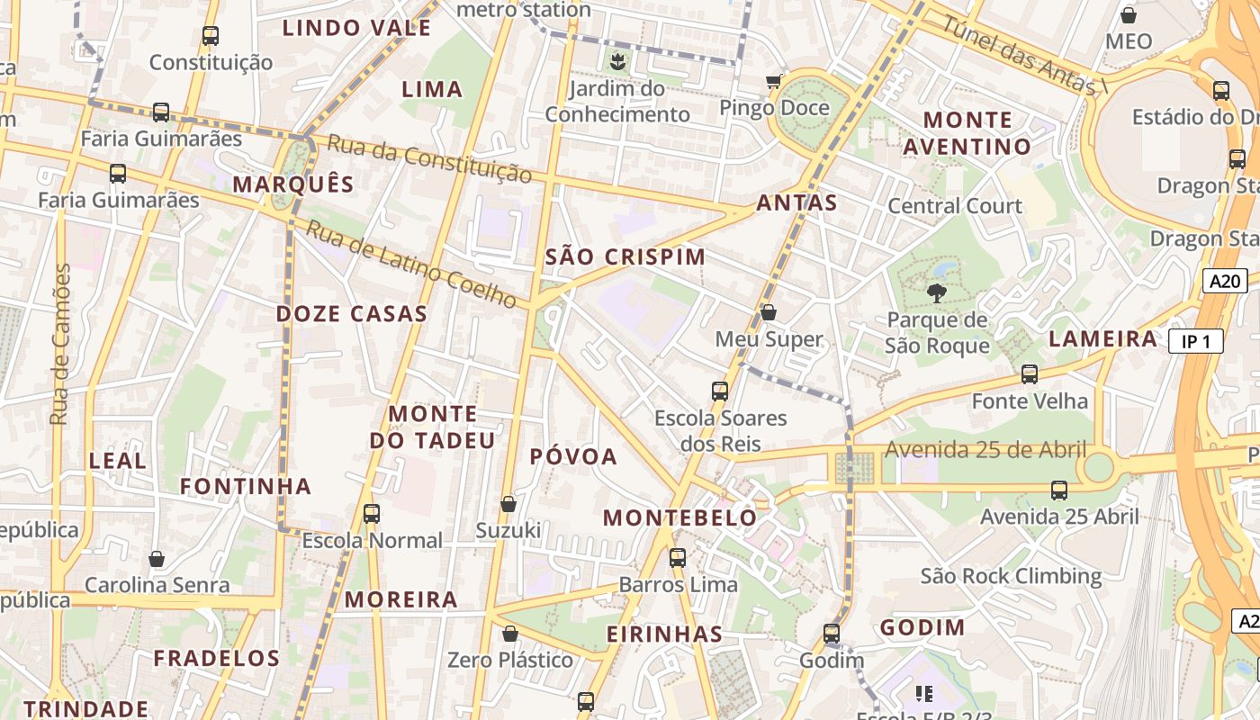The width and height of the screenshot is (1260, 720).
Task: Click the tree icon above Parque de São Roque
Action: click(936, 292)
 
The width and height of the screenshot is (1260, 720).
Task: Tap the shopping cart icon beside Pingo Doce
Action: click(773, 82)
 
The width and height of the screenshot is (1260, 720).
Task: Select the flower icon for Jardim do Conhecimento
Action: click(617, 62)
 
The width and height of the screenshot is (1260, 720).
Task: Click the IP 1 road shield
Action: click(1195, 341)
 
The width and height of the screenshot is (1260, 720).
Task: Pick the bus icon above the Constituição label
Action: click(210, 36)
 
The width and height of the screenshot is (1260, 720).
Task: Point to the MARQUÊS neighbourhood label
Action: click(293, 184)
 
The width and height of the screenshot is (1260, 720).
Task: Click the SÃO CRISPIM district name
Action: click(625, 256)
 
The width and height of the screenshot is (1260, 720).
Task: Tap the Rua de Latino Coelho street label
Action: click(410, 263)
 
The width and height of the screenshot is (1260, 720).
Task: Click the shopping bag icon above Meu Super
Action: click(769, 312)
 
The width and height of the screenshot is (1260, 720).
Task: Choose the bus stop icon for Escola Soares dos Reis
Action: click(720, 391)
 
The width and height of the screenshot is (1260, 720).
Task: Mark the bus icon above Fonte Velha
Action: click(1030, 373)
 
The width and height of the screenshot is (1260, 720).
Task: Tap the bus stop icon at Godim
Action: click(832, 634)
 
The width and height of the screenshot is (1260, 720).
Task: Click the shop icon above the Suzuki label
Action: click(508, 503)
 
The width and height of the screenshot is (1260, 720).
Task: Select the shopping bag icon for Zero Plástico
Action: click(510, 634)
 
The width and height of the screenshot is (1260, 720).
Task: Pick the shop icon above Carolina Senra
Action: click(157, 559)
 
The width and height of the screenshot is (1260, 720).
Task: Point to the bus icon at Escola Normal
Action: click(371, 514)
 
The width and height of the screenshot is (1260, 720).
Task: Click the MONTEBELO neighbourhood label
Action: click(679, 517)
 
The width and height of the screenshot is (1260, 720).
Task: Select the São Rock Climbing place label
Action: click(1011, 576)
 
